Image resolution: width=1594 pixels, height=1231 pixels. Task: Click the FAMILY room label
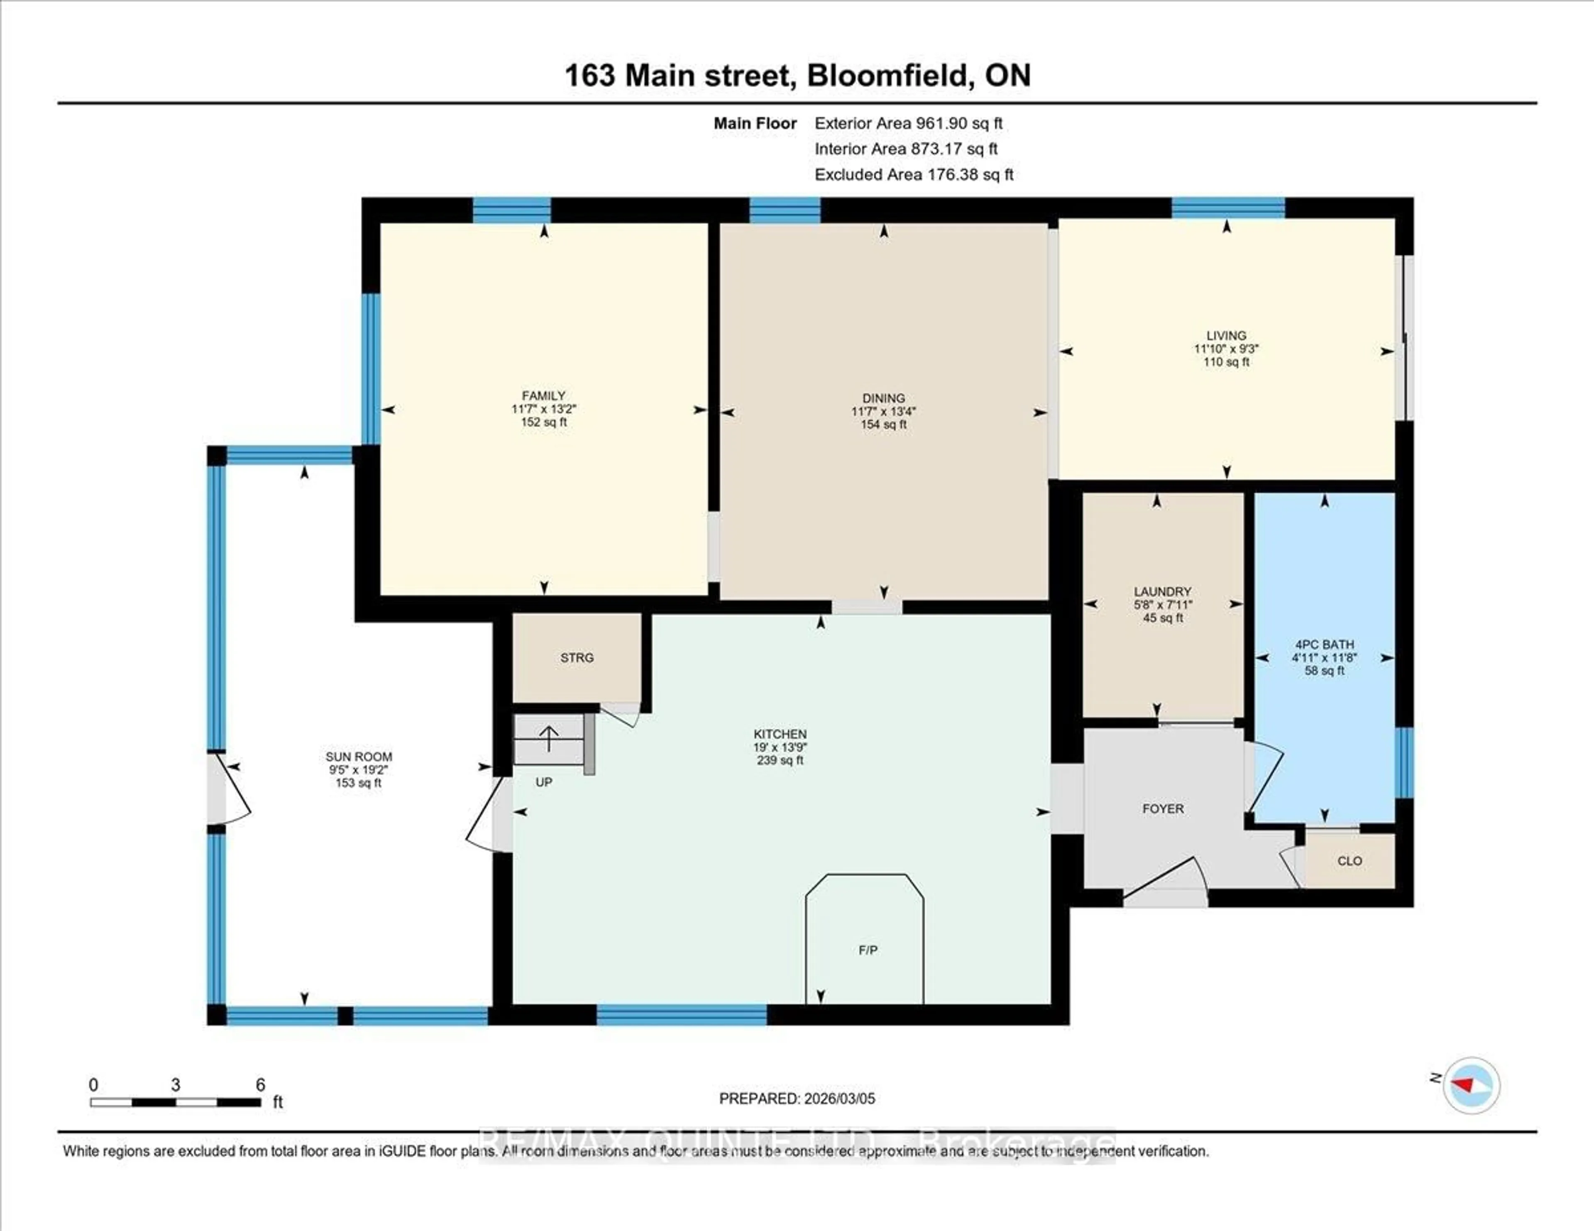click(x=543, y=396)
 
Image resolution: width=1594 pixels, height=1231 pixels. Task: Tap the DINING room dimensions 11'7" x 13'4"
click(x=883, y=411)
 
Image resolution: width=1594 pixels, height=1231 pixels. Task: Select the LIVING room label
click(x=1226, y=336)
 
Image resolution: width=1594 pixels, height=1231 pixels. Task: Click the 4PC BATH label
click(x=1324, y=644)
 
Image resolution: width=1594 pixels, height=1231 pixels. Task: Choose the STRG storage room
click(x=577, y=657)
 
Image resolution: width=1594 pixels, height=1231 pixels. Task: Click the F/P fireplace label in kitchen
click(x=867, y=950)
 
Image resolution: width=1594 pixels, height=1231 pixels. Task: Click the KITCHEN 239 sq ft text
click(x=780, y=760)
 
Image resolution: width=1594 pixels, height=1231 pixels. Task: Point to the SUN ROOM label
click(x=358, y=757)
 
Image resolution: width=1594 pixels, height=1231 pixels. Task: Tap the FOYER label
click(x=1163, y=808)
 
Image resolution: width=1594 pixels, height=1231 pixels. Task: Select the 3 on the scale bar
click(x=175, y=1085)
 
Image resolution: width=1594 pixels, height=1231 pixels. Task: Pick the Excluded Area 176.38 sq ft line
click(x=913, y=174)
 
